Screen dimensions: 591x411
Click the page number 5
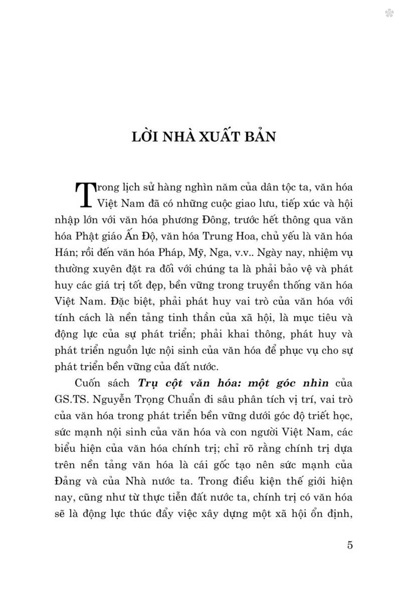pos(350,545)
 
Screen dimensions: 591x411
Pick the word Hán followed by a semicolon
pos(65,253)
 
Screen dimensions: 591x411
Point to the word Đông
pos(216,220)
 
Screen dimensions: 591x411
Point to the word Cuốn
pos(87,383)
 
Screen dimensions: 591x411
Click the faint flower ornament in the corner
pos(389,14)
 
